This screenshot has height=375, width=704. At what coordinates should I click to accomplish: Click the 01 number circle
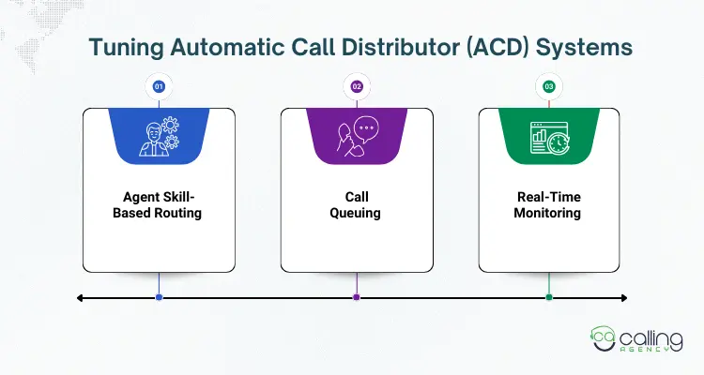(x=159, y=86)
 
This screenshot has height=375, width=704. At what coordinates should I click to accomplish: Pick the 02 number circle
(x=357, y=86)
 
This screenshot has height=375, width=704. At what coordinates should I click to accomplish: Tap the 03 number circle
(x=549, y=86)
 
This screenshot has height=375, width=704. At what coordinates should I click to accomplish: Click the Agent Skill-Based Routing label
(x=159, y=205)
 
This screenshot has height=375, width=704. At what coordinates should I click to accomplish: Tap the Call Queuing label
(x=357, y=205)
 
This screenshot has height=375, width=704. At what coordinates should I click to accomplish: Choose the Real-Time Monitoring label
(x=549, y=205)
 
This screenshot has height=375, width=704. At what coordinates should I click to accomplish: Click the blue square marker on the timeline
(x=159, y=297)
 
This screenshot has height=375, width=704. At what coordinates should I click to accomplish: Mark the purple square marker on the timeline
(x=357, y=297)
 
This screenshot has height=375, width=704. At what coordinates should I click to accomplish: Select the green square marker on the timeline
(x=549, y=297)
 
